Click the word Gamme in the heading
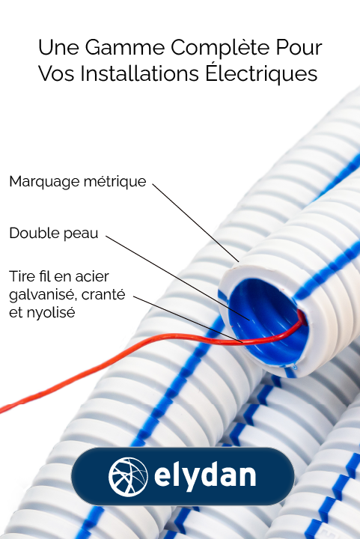(125, 47)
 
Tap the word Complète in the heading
(221, 48)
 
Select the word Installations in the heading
(140, 73)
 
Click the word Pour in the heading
(299, 47)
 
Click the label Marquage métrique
(78, 181)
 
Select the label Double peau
(54, 234)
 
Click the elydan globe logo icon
(128, 477)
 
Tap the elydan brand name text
(205, 475)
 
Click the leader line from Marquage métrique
(195, 223)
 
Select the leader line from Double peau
(177, 278)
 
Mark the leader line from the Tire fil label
(188, 320)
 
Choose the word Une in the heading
(58, 47)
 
